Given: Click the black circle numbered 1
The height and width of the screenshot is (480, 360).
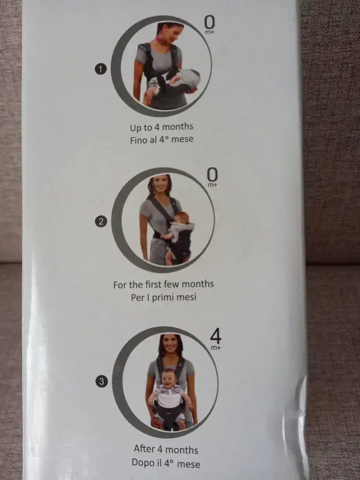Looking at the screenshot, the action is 101,69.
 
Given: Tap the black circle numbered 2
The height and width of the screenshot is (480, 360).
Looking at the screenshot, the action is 101,221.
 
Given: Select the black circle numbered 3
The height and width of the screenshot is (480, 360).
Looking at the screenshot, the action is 102,382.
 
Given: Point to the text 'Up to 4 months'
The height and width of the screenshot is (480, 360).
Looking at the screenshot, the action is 161,127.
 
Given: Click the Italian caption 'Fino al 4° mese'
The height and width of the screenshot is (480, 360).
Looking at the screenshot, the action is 162,140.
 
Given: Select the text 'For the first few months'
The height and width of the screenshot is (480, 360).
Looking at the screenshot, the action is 164,284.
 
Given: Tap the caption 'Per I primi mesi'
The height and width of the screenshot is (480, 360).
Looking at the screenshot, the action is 164,297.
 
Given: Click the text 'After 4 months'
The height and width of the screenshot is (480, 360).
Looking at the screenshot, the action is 166,449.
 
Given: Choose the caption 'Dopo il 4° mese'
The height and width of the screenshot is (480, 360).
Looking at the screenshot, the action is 166,463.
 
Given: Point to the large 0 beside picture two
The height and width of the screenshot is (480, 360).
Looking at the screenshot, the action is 213,175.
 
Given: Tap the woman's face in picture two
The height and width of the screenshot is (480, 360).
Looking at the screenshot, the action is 161,183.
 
